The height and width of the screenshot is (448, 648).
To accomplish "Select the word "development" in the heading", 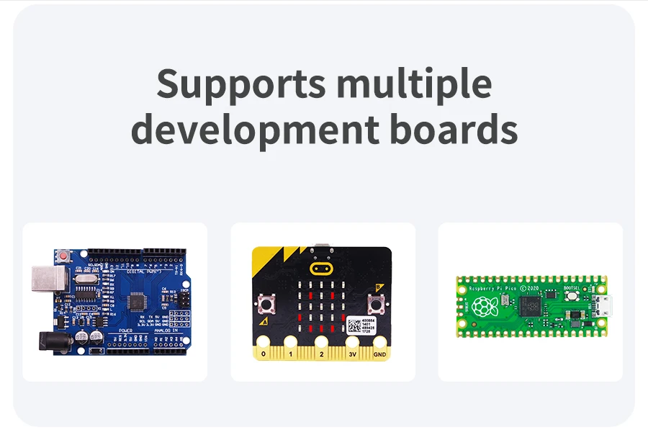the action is (x=254, y=130).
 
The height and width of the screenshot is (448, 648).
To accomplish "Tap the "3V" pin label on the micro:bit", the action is (x=352, y=354).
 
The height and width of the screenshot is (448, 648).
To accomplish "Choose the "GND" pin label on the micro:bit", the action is (x=379, y=354).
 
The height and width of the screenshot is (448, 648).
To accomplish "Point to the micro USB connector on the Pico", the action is (x=603, y=307).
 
